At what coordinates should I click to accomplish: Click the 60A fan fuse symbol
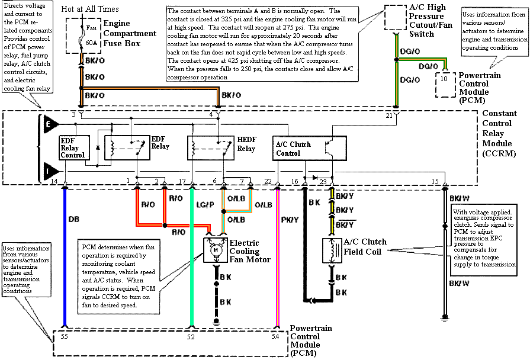tap(82, 33)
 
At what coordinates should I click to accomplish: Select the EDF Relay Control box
tap(73, 147)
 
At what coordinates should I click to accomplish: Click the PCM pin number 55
tap(65, 336)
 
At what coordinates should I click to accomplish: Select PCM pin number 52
tap(191, 336)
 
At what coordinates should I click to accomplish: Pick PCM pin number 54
tap(276, 336)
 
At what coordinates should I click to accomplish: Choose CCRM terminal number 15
tap(435, 181)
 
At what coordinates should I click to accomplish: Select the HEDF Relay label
tap(246, 144)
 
